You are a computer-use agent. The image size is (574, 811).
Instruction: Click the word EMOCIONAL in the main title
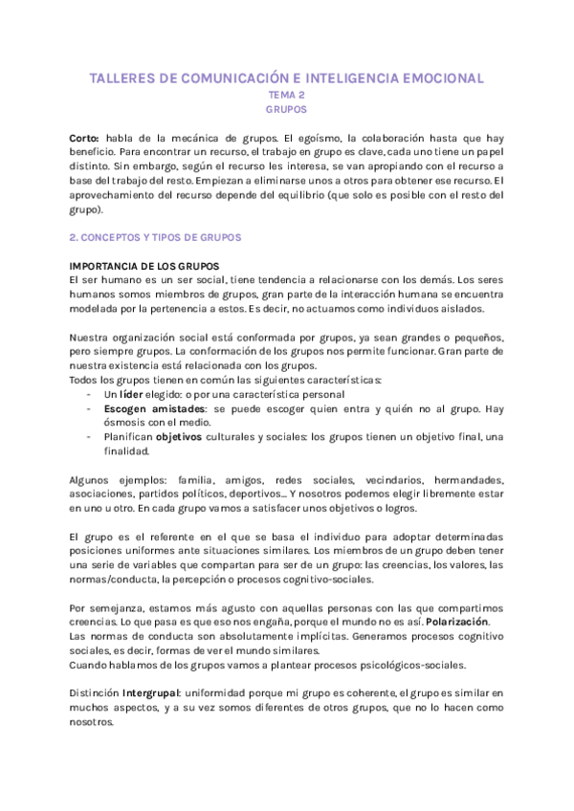coord(430,78)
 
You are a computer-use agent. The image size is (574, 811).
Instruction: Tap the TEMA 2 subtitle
coord(286,96)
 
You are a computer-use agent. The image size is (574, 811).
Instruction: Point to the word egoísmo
coord(292,138)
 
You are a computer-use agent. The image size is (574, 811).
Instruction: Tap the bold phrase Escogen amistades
coord(151,409)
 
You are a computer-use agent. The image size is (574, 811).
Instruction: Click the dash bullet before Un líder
coord(89,395)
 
